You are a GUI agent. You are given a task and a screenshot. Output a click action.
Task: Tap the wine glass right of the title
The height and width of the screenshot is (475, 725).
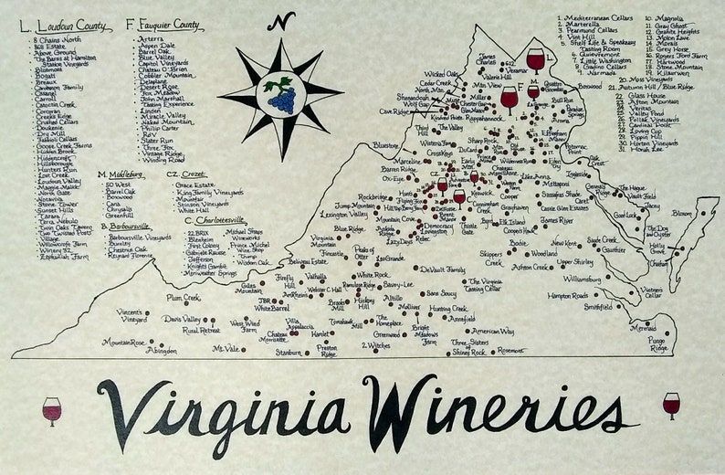pos(671,405)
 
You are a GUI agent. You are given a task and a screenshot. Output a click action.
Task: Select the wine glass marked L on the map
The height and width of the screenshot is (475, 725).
pos(535,60)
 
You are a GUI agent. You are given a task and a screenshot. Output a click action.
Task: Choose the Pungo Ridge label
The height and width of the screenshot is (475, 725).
pos(658,344)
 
